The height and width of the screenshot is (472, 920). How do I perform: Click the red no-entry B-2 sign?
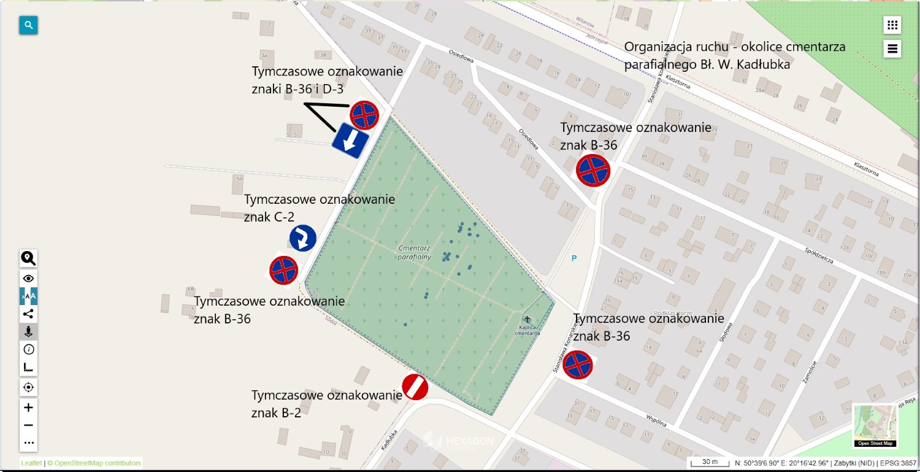(x=415, y=387)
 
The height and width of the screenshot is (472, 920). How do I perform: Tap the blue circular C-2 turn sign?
(x=303, y=238)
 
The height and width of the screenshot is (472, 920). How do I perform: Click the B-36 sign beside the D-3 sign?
(x=364, y=115)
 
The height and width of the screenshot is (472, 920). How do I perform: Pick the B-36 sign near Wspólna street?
(x=578, y=365)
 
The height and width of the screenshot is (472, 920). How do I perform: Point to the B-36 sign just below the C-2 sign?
(x=283, y=270)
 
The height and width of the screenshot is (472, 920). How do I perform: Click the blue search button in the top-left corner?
(x=28, y=25)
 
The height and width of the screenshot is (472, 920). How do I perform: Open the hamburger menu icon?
(x=892, y=48)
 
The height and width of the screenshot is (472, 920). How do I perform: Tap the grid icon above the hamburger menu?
(x=892, y=25)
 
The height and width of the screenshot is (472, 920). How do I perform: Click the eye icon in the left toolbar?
(x=28, y=279)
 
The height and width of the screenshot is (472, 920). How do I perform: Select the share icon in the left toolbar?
(x=28, y=314)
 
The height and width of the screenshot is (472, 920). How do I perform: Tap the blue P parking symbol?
(x=574, y=258)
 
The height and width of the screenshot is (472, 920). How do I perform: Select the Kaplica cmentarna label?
(x=527, y=330)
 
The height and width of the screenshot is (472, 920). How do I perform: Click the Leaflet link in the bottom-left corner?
(x=31, y=463)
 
